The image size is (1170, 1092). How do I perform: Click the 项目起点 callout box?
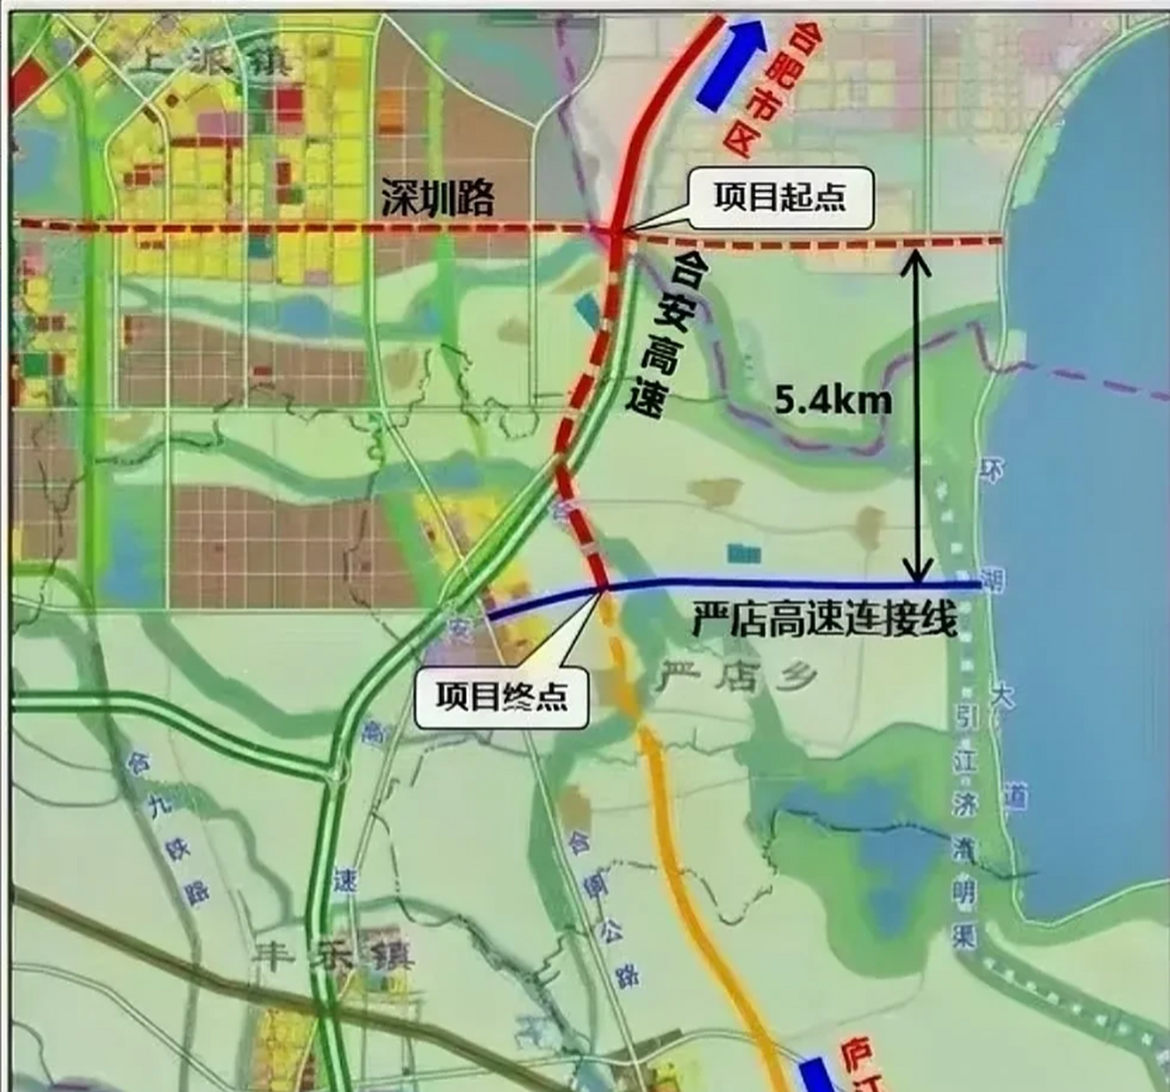click(x=780, y=198)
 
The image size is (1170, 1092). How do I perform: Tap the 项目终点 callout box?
click(x=501, y=696)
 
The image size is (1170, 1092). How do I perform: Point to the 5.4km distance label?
click(x=833, y=399)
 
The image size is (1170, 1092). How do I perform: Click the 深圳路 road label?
click(x=437, y=198)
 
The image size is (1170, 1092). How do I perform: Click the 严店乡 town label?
click(x=738, y=677)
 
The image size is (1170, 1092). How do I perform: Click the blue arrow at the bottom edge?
click(x=814, y=1075)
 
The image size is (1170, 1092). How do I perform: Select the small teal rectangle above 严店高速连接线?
click(x=744, y=553)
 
